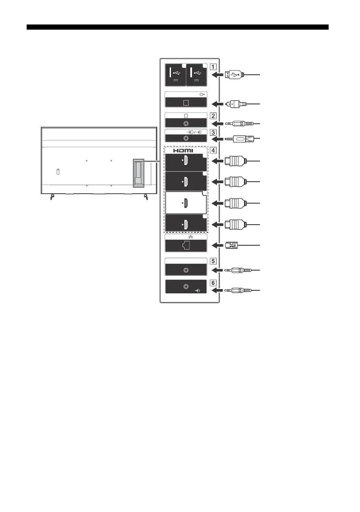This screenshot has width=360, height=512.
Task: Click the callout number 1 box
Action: coord(213,67)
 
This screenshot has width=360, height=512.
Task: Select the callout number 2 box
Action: coord(213,116)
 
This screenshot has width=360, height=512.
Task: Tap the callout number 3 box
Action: coord(213,132)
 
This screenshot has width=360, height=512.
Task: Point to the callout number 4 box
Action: coord(213,151)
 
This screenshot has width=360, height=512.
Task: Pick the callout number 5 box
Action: coord(213,261)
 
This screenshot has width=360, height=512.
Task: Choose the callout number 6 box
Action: coord(213,283)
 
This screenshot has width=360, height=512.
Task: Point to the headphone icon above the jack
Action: coord(186,115)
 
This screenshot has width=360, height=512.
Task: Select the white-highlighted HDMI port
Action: coord(186,202)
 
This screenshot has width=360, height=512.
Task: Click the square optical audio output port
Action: coord(186,103)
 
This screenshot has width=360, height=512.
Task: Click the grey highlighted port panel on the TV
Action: coord(138,173)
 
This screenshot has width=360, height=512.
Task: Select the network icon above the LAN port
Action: coord(186,236)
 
